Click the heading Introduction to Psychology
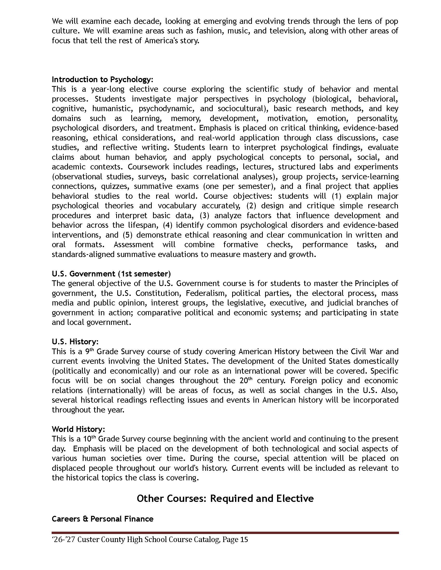[102, 79]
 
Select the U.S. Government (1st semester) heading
[111, 274]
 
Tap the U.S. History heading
[75, 342]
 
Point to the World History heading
[78, 429]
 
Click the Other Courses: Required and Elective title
[225, 498]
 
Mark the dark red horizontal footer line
[225, 533]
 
